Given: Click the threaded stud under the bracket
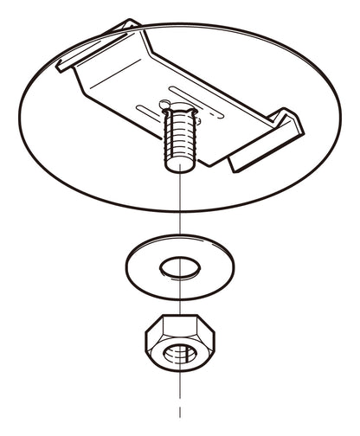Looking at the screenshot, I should pos(178,138).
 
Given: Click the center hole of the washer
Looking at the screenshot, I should pos(179,266).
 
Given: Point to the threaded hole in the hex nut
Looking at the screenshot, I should pos(179,355).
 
